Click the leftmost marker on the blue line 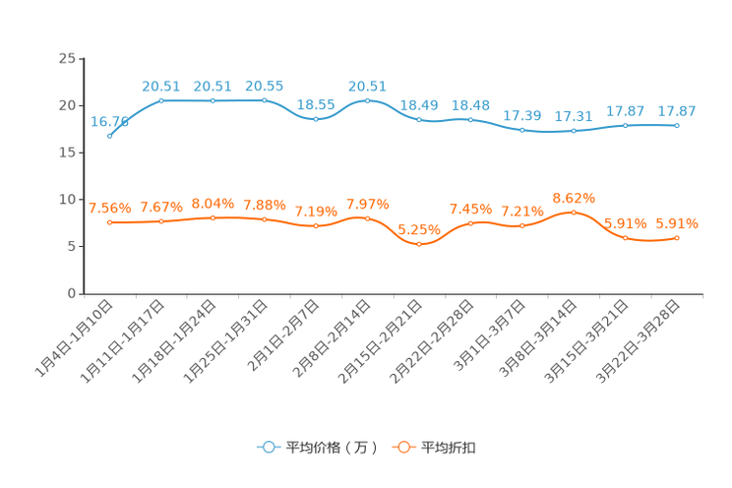[110, 137]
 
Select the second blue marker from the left [161, 100]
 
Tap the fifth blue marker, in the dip [316, 118]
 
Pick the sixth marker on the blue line [367, 100]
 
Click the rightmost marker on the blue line [677, 126]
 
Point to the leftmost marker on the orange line [110, 221]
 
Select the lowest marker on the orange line [419, 243]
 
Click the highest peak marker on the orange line [574, 212]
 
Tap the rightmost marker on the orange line [677, 237]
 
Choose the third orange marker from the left [213, 217]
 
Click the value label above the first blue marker [109, 122]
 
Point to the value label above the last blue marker [677, 110]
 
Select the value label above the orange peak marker [574, 197]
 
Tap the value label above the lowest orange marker [418, 228]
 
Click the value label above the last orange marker [677, 223]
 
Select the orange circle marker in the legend [403, 447]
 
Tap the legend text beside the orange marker [451, 448]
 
